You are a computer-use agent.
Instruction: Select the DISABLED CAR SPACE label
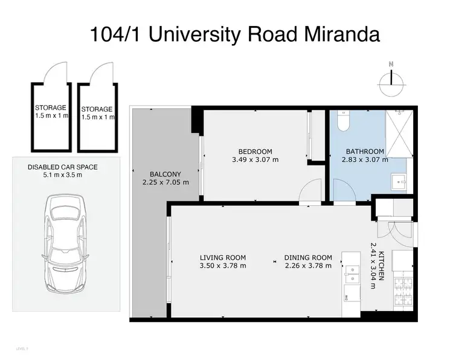(63, 167)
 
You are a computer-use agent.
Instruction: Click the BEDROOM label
(255, 151)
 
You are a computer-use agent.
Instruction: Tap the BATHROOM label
(365, 151)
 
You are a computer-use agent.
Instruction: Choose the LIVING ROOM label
(223, 257)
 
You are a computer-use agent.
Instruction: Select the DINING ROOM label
(308, 257)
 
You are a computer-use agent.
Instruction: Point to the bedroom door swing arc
(308, 194)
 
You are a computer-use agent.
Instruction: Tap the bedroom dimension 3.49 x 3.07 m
(255, 160)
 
